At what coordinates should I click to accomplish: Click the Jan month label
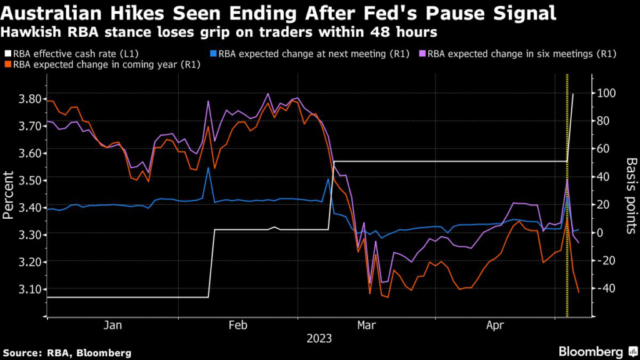(112, 325)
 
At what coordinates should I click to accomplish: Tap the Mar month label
(366, 325)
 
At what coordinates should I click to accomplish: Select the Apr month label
(496, 325)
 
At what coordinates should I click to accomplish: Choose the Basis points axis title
(629, 195)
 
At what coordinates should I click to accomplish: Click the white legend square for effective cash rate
(7, 54)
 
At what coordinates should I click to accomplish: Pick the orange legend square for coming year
(7, 65)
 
